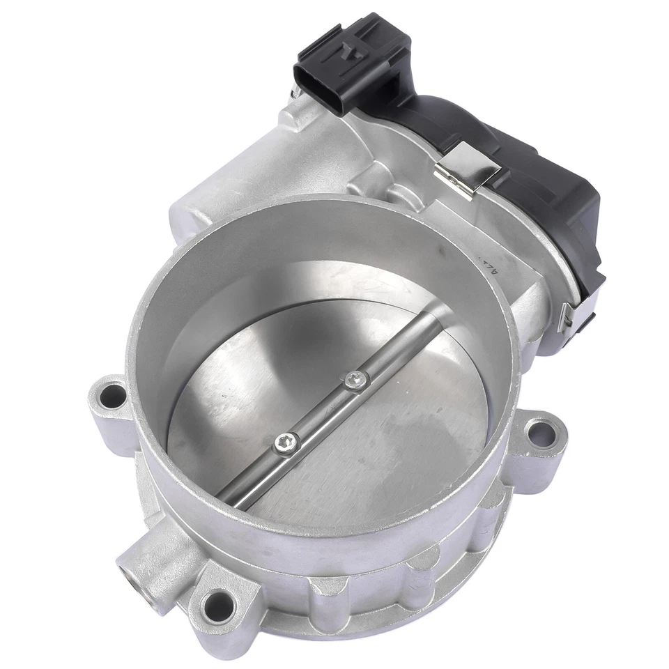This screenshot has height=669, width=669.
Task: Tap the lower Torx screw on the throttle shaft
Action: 287,440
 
